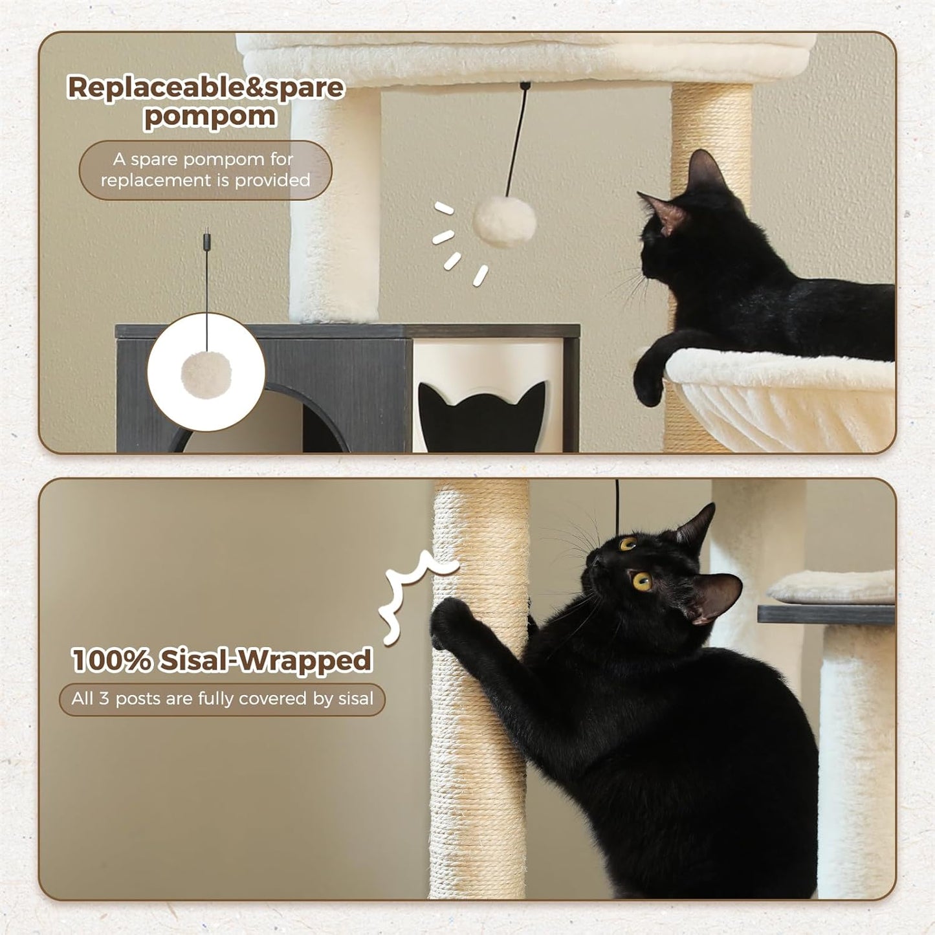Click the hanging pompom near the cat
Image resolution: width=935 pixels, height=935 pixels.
coord(504,222)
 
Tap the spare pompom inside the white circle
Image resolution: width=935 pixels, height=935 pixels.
coord(206,374)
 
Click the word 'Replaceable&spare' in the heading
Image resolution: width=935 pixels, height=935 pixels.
coord(206,87)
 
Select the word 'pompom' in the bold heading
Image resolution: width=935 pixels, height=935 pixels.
coord(210,117)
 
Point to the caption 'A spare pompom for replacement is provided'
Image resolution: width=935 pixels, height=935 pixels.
coord(205,170)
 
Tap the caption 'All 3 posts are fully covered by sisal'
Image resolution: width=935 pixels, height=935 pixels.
coord(222,699)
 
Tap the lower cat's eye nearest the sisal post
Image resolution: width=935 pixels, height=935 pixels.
coord(627,544)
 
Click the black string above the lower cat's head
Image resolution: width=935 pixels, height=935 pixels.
coord(617,505)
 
